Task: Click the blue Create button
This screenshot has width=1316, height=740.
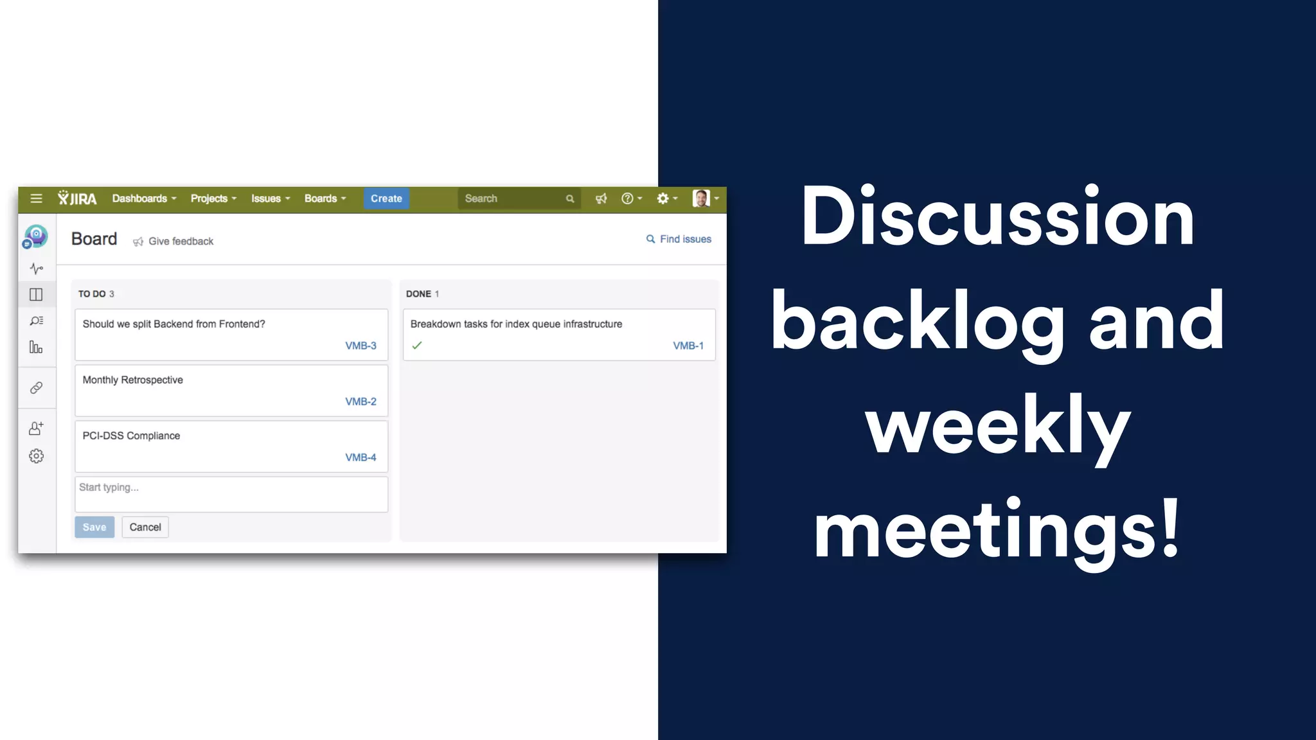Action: [386, 198]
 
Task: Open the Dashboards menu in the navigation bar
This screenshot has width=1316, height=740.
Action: [144, 198]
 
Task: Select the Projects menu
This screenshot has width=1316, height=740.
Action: [213, 198]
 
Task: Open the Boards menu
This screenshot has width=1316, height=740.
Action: [325, 198]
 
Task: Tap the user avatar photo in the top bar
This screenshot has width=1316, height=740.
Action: [701, 198]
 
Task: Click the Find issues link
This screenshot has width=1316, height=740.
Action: [679, 239]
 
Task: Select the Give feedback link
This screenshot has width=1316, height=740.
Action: [173, 242]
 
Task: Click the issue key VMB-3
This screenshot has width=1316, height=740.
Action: [360, 346]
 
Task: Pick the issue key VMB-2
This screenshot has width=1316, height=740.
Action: [360, 401]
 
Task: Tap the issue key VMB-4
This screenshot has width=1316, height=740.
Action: [360, 457]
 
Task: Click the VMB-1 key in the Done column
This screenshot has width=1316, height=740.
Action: [688, 346]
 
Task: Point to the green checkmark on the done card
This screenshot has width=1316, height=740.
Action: [417, 346]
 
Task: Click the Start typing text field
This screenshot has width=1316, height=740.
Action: [231, 494]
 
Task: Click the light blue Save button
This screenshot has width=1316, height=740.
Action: [94, 527]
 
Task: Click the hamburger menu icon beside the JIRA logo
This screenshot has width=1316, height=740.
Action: [36, 198]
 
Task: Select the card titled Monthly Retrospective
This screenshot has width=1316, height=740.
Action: [231, 390]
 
